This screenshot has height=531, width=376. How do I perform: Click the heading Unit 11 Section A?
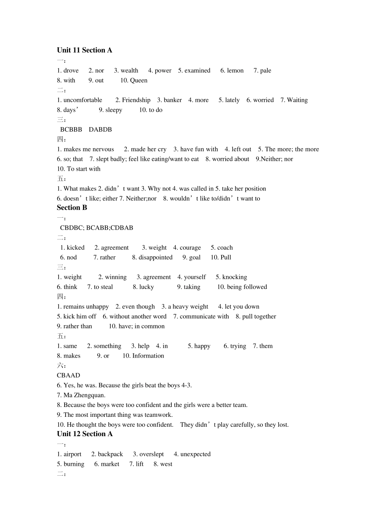pyautogui.click(x=84, y=50)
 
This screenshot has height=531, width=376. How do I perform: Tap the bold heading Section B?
pyautogui.click(x=72, y=208)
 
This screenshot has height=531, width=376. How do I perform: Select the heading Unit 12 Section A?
pyautogui.click(x=85, y=434)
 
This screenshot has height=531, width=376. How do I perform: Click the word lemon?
pyautogui.click(x=235, y=71)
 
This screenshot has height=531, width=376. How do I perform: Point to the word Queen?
pyautogui.click(x=139, y=81)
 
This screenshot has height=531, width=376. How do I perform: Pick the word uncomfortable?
pyautogui.click(x=83, y=100)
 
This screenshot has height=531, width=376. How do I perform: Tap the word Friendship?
pyautogui.click(x=136, y=100)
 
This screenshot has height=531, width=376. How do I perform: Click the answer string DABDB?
pyautogui.click(x=100, y=130)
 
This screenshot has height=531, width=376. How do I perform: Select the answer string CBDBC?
pyautogui.click(x=71, y=228)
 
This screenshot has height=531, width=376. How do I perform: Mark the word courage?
pyautogui.click(x=190, y=248)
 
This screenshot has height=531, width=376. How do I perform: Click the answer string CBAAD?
pyautogui.click(x=68, y=375)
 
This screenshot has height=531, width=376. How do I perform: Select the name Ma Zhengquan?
pyautogui.click(x=84, y=395)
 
